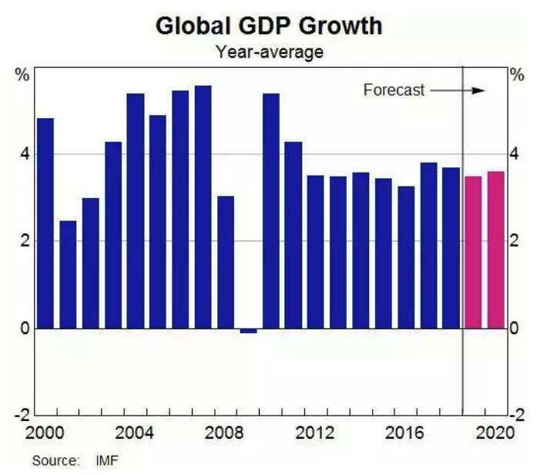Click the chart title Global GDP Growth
click(x=269, y=25)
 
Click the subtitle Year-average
click(x=269, y=52)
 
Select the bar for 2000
click(x=45, y=223)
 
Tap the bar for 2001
click(x=68, y=275)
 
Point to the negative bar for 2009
click(x=248, y=331)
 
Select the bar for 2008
click(x=226, y=262)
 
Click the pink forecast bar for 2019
click(x=473, y=252)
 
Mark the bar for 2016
click(x=406, y=257)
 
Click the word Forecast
click(x=394, y=90)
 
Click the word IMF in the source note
click(x=107, y=461)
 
